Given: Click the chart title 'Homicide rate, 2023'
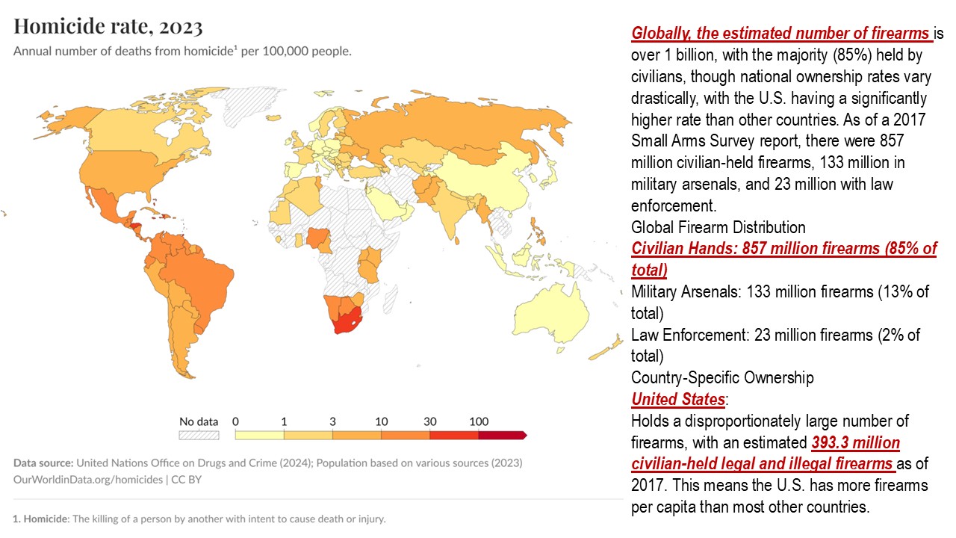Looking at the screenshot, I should tap(108, 27).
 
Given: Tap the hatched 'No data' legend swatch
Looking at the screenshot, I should tap(198, 434).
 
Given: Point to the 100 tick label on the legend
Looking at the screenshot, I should tap(479, 421).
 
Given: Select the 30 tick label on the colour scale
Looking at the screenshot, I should tap(429, 421).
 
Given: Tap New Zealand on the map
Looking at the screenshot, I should tap(609, 347).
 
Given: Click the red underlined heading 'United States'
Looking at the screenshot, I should tap(677, 399).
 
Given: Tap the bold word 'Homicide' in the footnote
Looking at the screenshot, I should tap(46, 519).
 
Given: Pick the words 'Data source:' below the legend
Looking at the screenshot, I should tap(43, 463).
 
